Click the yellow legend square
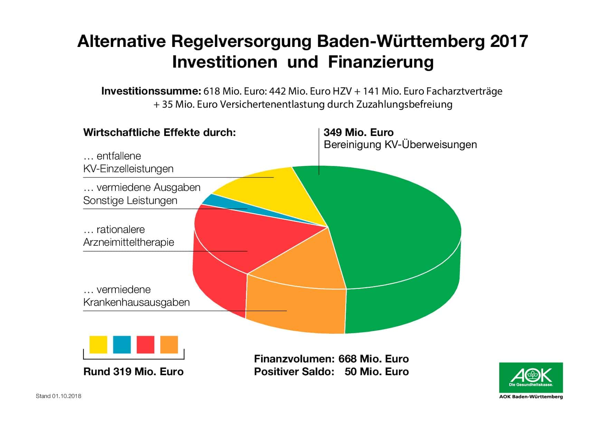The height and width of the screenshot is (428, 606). (98, 344)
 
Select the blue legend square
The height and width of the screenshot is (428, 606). (122, 344)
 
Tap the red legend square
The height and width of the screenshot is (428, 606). (145, 344)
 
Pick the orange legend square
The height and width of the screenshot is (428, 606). (169, 344)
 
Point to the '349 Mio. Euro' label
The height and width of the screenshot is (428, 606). (358, 133)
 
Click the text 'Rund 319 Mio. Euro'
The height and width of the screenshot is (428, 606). (133, 372)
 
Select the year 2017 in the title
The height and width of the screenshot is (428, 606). (509, 41)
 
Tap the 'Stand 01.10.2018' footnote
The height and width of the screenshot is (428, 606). (58, 396)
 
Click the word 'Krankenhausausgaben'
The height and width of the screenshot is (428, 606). (136, 302)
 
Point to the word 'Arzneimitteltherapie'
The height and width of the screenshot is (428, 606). (129, 242)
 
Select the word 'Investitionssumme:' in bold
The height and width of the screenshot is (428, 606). (151, 91)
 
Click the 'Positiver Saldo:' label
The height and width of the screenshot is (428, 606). (294, 372)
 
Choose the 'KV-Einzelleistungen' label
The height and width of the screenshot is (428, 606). (128, 169)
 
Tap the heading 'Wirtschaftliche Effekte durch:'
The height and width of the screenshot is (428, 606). (159, 133)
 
